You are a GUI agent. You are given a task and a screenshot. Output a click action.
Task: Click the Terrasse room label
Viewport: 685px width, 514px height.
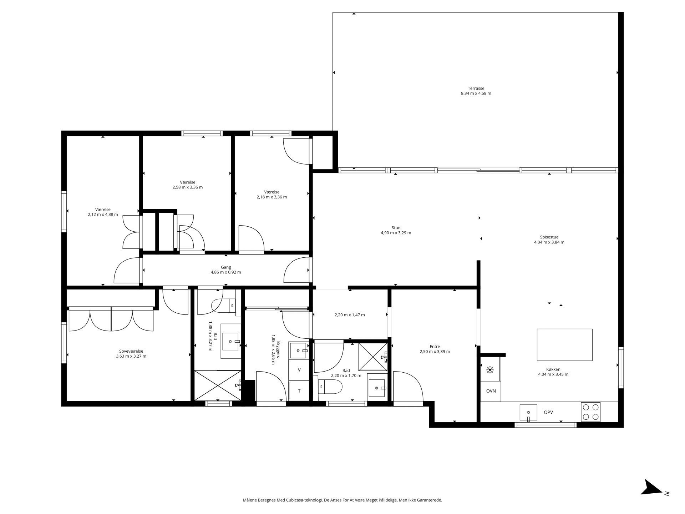[x=476, y=88]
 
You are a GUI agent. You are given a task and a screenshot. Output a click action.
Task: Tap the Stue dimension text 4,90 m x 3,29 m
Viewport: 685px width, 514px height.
[x=396, y=233]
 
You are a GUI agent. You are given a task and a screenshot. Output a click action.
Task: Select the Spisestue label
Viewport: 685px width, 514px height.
[x=549, y=237]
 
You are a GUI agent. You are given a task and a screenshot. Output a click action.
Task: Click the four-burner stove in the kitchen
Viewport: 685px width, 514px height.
[x=591, y=412]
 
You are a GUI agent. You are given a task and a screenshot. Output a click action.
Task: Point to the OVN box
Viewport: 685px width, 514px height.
[x=491, y=391]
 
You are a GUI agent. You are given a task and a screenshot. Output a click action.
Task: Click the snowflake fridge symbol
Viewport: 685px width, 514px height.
[x=490, y=370]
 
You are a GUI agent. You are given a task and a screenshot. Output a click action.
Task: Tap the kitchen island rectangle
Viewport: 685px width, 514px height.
[x=564, y=345]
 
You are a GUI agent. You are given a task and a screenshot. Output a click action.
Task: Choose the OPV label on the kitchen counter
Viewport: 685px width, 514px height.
[x=548, y=412]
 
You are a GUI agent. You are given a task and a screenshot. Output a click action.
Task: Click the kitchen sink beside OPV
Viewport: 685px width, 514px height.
[x=528, y=413]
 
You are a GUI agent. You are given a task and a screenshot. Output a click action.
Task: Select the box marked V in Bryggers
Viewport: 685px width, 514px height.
[x=299, y=370]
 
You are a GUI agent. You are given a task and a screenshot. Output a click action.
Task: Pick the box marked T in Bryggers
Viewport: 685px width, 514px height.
[x=299, y=391]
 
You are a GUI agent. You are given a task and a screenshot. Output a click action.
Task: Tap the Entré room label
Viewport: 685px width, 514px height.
[x=435, y=346]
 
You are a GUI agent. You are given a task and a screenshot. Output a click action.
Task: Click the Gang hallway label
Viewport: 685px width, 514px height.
[x=226, y=267]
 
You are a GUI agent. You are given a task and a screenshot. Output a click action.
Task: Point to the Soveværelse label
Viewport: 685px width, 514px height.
[x=131, y=351]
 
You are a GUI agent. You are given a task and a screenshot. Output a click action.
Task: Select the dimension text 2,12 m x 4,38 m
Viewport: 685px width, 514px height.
[x=103, y=215]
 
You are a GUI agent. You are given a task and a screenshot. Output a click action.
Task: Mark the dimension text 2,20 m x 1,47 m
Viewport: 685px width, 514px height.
[x=350, y=315]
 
